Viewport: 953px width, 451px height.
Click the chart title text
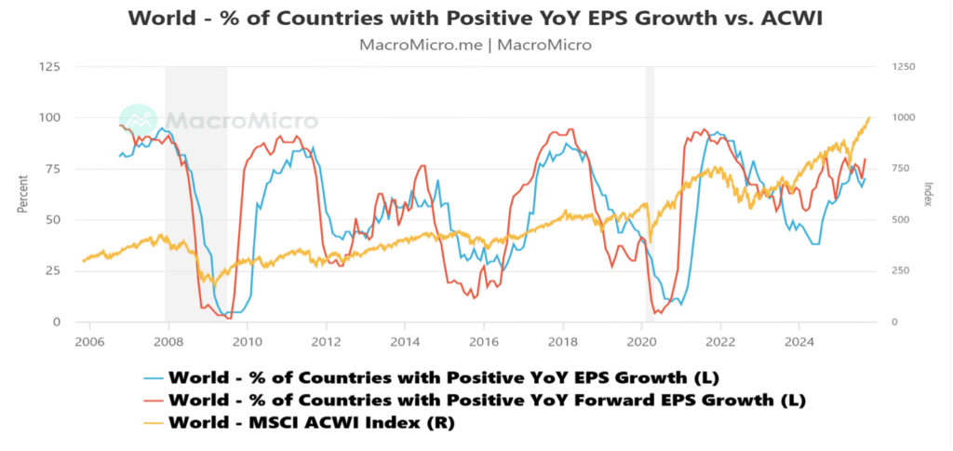coord(476,19)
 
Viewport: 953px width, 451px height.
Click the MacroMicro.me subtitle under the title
coord(476,44)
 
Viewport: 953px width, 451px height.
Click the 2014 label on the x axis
coord(404,341)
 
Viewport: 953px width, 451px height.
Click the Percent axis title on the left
coord(21,195)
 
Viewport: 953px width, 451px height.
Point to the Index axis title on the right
coord(928,195)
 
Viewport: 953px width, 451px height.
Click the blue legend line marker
coord(154,377)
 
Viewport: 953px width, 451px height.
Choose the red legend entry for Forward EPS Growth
coord(484,400)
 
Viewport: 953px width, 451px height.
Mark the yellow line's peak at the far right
coord(869,117)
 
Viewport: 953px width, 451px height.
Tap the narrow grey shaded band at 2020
coord(650,195)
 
